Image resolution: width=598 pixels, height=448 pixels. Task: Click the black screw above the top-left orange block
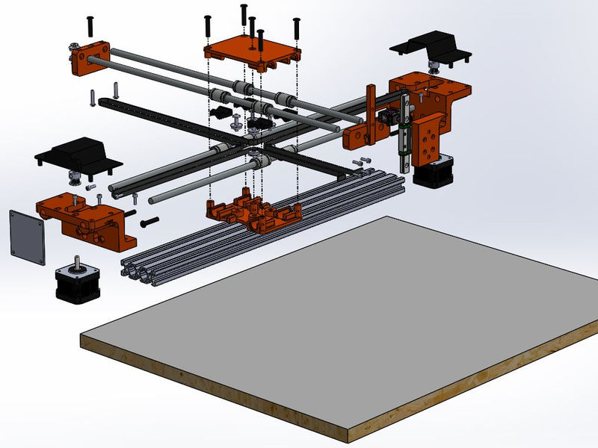[x=90, y=26]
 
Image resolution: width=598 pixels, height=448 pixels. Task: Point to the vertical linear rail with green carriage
[x=404, y=134]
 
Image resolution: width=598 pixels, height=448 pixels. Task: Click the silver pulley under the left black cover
[x=75, y=178]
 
